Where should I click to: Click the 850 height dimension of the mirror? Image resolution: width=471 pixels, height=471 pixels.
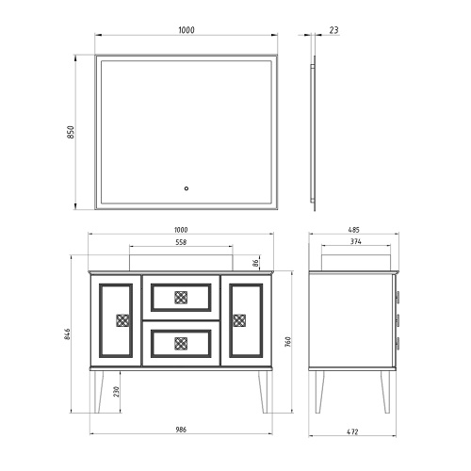click(x=71, y=132)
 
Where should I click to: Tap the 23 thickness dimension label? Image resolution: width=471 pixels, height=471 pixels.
click(x=333, y=30)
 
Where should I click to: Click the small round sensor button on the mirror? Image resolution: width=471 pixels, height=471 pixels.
click(x=187, y=188)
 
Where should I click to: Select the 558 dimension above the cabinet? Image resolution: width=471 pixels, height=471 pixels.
click(x=181, y=242)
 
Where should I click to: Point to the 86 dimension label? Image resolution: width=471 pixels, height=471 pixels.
click(x=256, y=263)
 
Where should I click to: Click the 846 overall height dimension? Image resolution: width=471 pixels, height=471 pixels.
click(x=68, y=334)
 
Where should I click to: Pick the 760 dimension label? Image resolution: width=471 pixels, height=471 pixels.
click(x=288, y=342)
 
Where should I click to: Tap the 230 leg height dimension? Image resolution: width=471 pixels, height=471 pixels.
click(x=117, y=392)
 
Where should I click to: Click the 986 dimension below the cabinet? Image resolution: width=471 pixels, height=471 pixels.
click(x=181, y=430)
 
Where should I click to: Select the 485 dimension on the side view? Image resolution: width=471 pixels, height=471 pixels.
click(x=353, y=230)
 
